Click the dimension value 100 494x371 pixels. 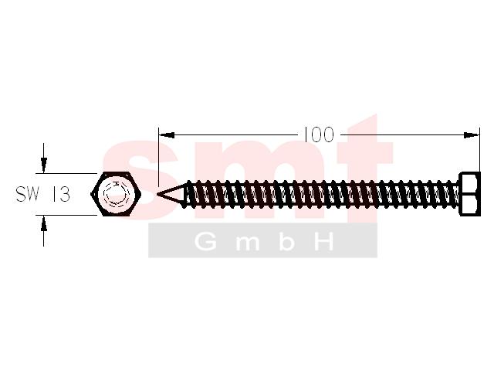tap(319, 134)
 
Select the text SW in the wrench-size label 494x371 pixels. tap(28, 194)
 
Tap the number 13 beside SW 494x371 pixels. tap(60, 194)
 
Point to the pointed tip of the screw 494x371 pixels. tap(157, 194)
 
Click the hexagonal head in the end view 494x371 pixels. tap(116, 194)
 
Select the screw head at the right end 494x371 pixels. tap(470, 194)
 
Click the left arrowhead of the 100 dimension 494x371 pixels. tap(167, 135)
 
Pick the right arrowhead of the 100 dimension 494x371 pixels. tap(472, 135)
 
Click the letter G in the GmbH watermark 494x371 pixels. tap(206, 242)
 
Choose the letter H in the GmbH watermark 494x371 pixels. tap(324, 242)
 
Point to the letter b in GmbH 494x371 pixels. tap(286, 242)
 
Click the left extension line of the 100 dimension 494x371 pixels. tap(158, 157)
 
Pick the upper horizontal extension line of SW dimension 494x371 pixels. tap(66, 173)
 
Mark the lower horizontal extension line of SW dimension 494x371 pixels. tap(66, 215)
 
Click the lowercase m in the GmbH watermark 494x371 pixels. tap(247, 244)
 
